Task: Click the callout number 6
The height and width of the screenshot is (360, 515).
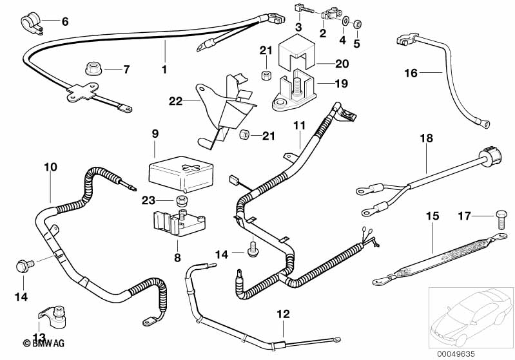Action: pos(64,22)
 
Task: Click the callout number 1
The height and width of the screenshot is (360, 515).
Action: pos(164,69)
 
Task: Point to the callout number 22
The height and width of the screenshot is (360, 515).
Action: pos(175,101)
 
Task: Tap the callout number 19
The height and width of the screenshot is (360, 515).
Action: pos(342,83)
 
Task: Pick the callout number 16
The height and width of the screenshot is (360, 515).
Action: pos(411,73)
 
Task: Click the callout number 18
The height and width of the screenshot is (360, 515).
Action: pos(426,138)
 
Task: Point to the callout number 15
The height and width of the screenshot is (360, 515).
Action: pos(431,216)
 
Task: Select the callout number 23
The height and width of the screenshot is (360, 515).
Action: pos(148,200)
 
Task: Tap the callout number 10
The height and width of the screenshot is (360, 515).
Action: pos(50,167)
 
